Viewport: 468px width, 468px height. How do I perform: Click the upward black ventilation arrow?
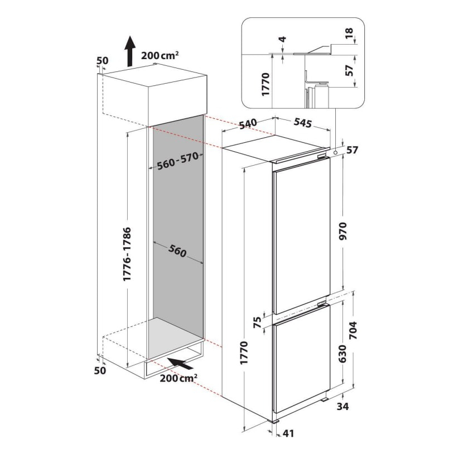[x=129, y=50]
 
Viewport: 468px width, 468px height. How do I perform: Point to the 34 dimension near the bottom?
[x=343, y=407]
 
